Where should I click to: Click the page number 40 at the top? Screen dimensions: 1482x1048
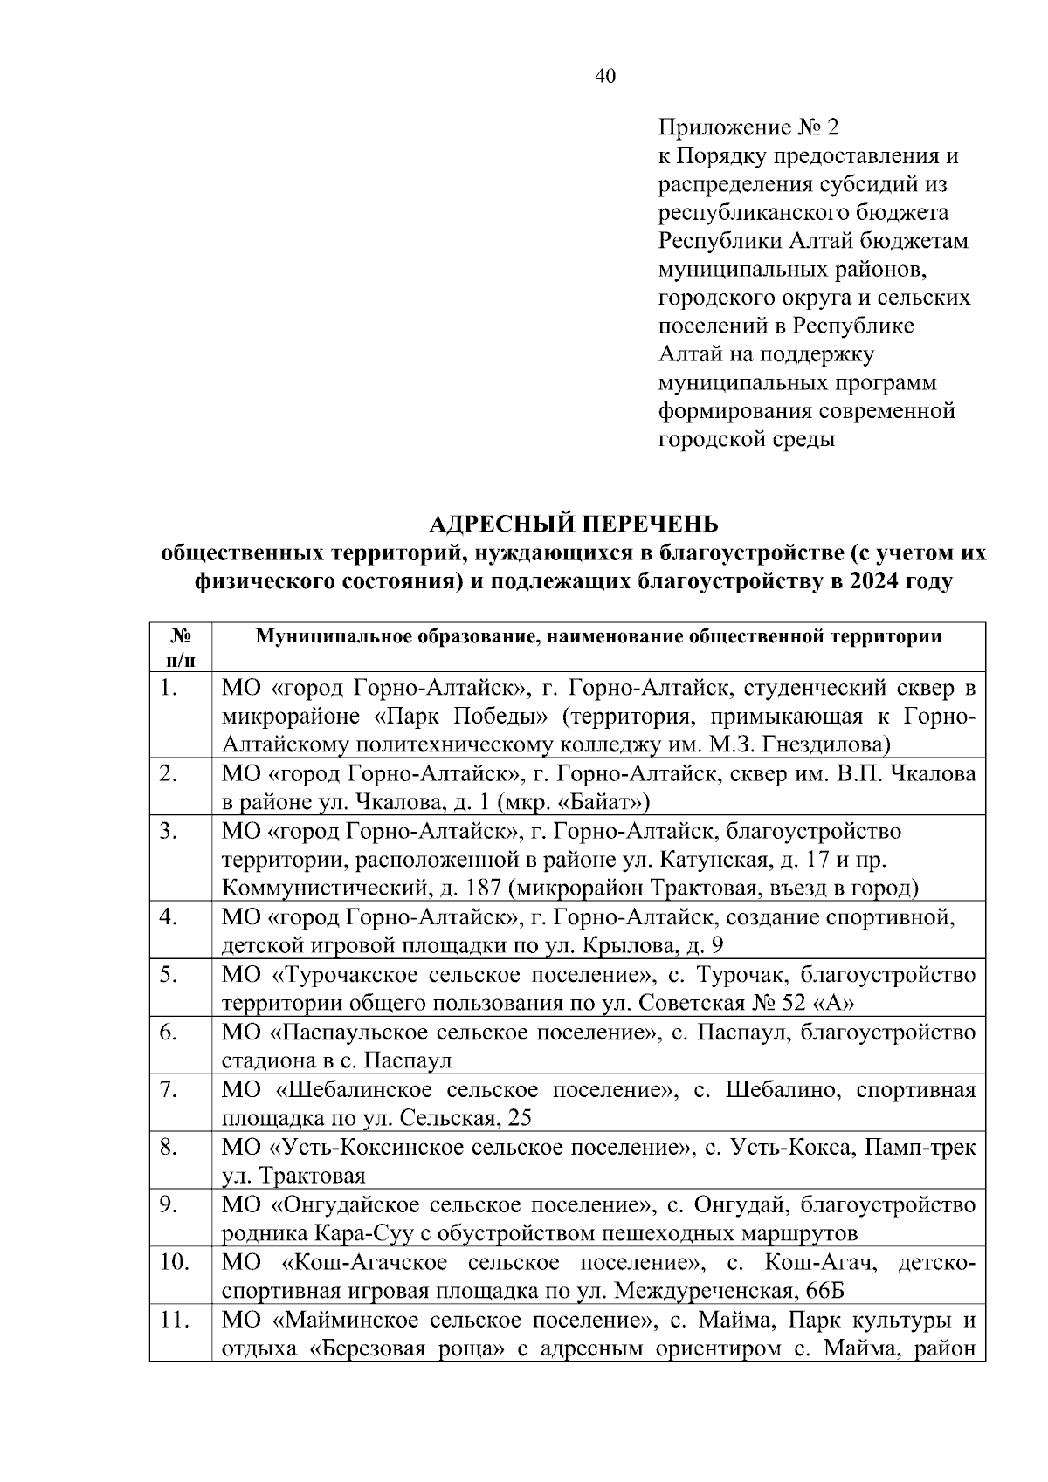coord(604,77)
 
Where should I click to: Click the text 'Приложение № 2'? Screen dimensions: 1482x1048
coord(748,128)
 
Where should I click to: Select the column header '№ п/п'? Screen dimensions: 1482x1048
coord(179,647)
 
